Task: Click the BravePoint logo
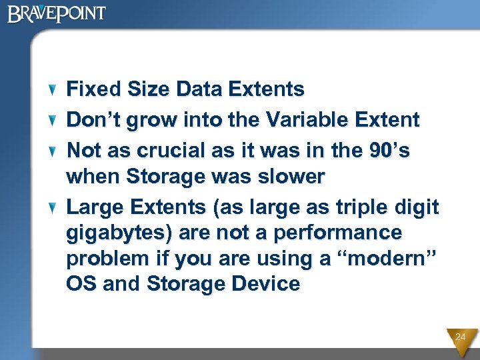[x=57, y=13]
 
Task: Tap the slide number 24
[x=461, y=337]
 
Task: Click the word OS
[x=81, y=284]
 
